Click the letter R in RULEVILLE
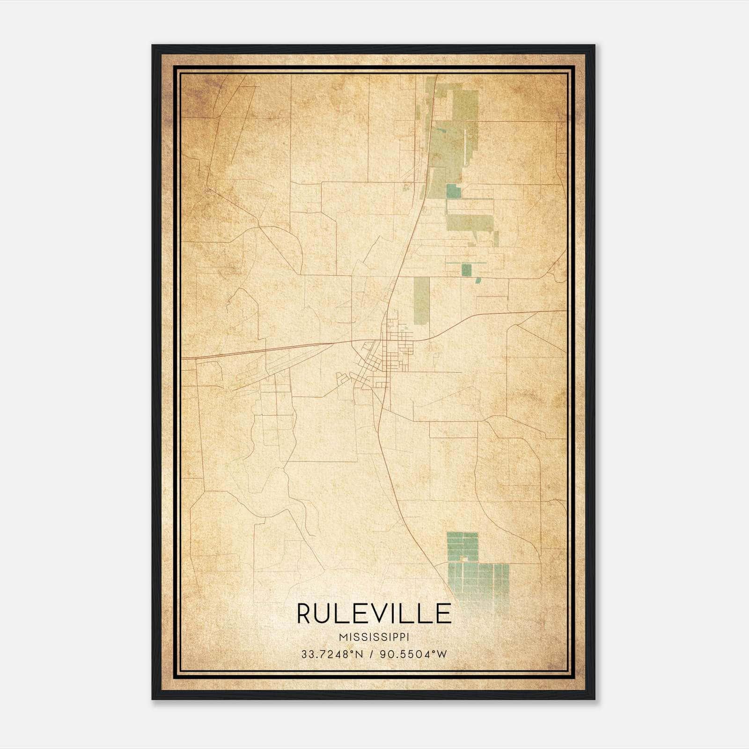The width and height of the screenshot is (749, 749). [305, 614]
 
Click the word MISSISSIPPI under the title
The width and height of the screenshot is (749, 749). [374, 637]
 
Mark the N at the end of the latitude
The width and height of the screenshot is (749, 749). [360, 654]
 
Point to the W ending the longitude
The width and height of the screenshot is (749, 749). [442, 654]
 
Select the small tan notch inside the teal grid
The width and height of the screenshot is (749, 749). [464, 558]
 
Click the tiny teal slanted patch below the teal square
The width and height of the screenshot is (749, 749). [478, 280]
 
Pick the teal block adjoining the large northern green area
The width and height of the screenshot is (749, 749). [453, 191]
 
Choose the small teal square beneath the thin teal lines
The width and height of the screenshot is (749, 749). [466, 270]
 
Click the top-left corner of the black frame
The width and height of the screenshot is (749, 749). [153, 46]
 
